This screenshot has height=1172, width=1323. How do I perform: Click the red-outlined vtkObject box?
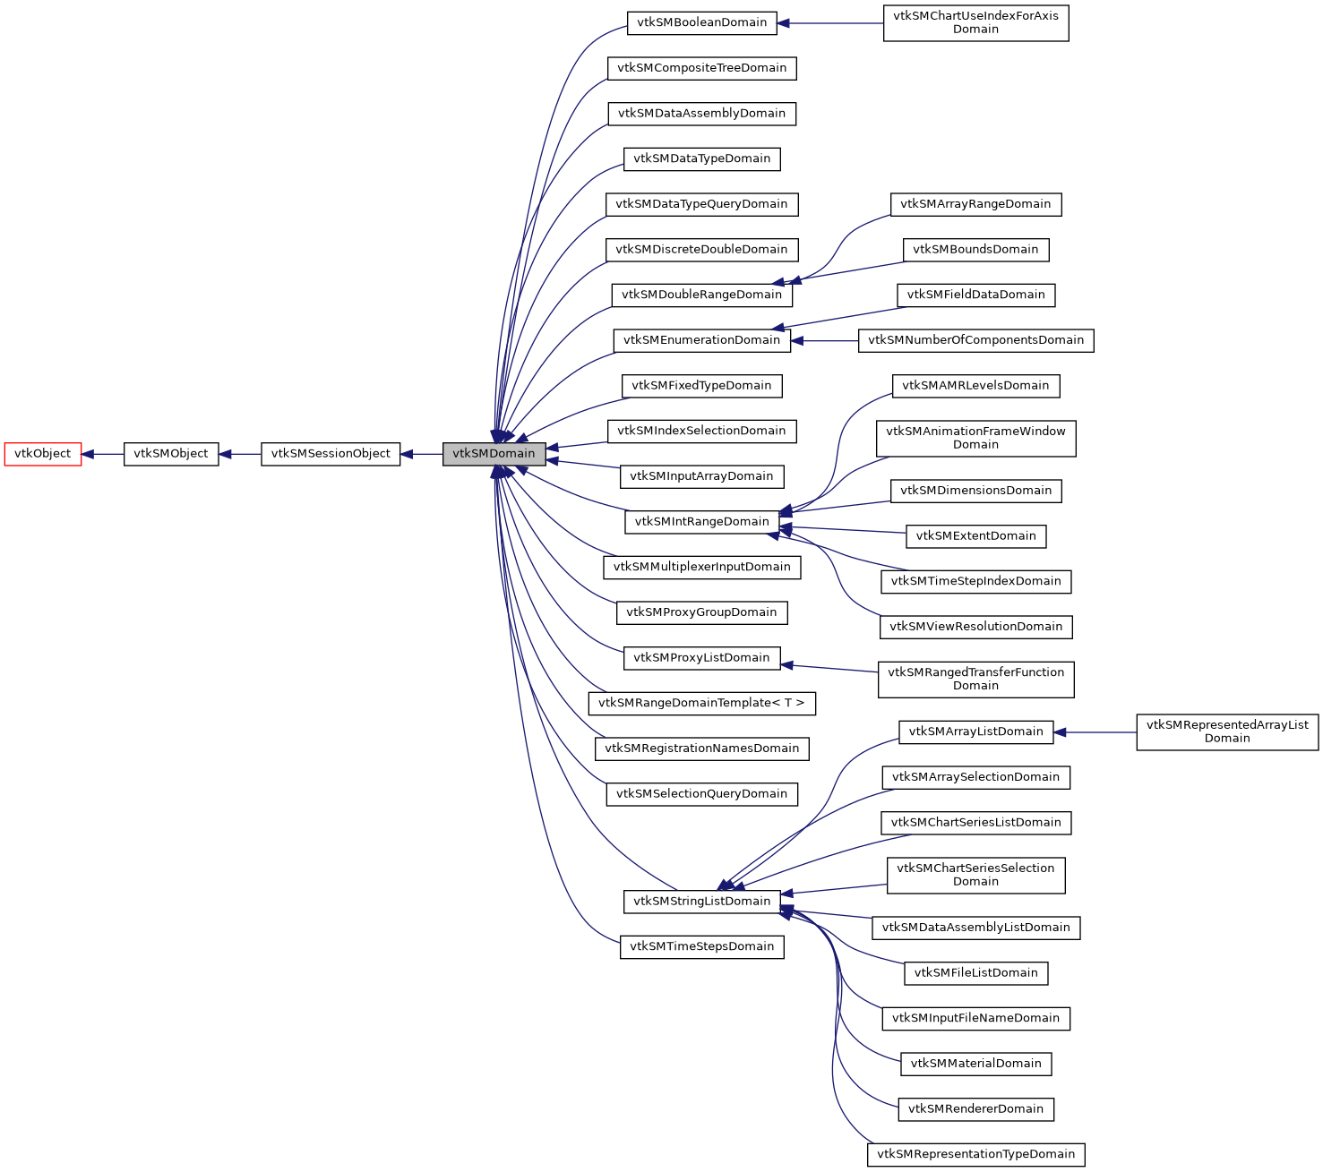[x=43, y=454]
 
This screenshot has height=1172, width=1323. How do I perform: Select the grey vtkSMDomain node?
[x=494, y=454]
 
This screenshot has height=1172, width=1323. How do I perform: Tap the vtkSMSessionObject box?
[x=331, y=454]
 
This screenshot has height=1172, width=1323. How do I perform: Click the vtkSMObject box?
[x=171, y=454]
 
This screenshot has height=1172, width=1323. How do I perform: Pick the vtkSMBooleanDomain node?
[x=701, y=22]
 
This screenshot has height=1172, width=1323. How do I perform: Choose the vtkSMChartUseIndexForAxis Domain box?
[x=975, y=22]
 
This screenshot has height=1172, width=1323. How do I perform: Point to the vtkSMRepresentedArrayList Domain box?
[x=1227, y=731]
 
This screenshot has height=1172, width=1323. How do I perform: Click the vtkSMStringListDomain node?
[x=701, y=902]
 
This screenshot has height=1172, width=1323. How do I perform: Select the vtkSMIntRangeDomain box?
[x=701, y=522]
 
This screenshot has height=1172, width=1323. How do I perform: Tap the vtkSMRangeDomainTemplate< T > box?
[x=701, y=703]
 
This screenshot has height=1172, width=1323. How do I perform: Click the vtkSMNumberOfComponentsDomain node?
[x=975, y=340]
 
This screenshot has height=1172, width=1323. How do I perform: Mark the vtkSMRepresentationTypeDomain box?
[x=975, y=1154]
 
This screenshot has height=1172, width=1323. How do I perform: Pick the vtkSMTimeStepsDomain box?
[x=701, y=946]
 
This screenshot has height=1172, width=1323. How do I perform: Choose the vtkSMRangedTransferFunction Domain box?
[x=975, y=680]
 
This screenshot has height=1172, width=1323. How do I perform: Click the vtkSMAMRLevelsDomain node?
[x=975, y=386]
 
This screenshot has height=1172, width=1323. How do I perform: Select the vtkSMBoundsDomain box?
[x=975, y=250]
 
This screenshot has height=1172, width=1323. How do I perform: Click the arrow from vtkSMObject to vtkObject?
[x=103, y=454]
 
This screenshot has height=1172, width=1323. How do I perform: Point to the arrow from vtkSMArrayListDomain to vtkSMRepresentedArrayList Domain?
[x=1095, y=732]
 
